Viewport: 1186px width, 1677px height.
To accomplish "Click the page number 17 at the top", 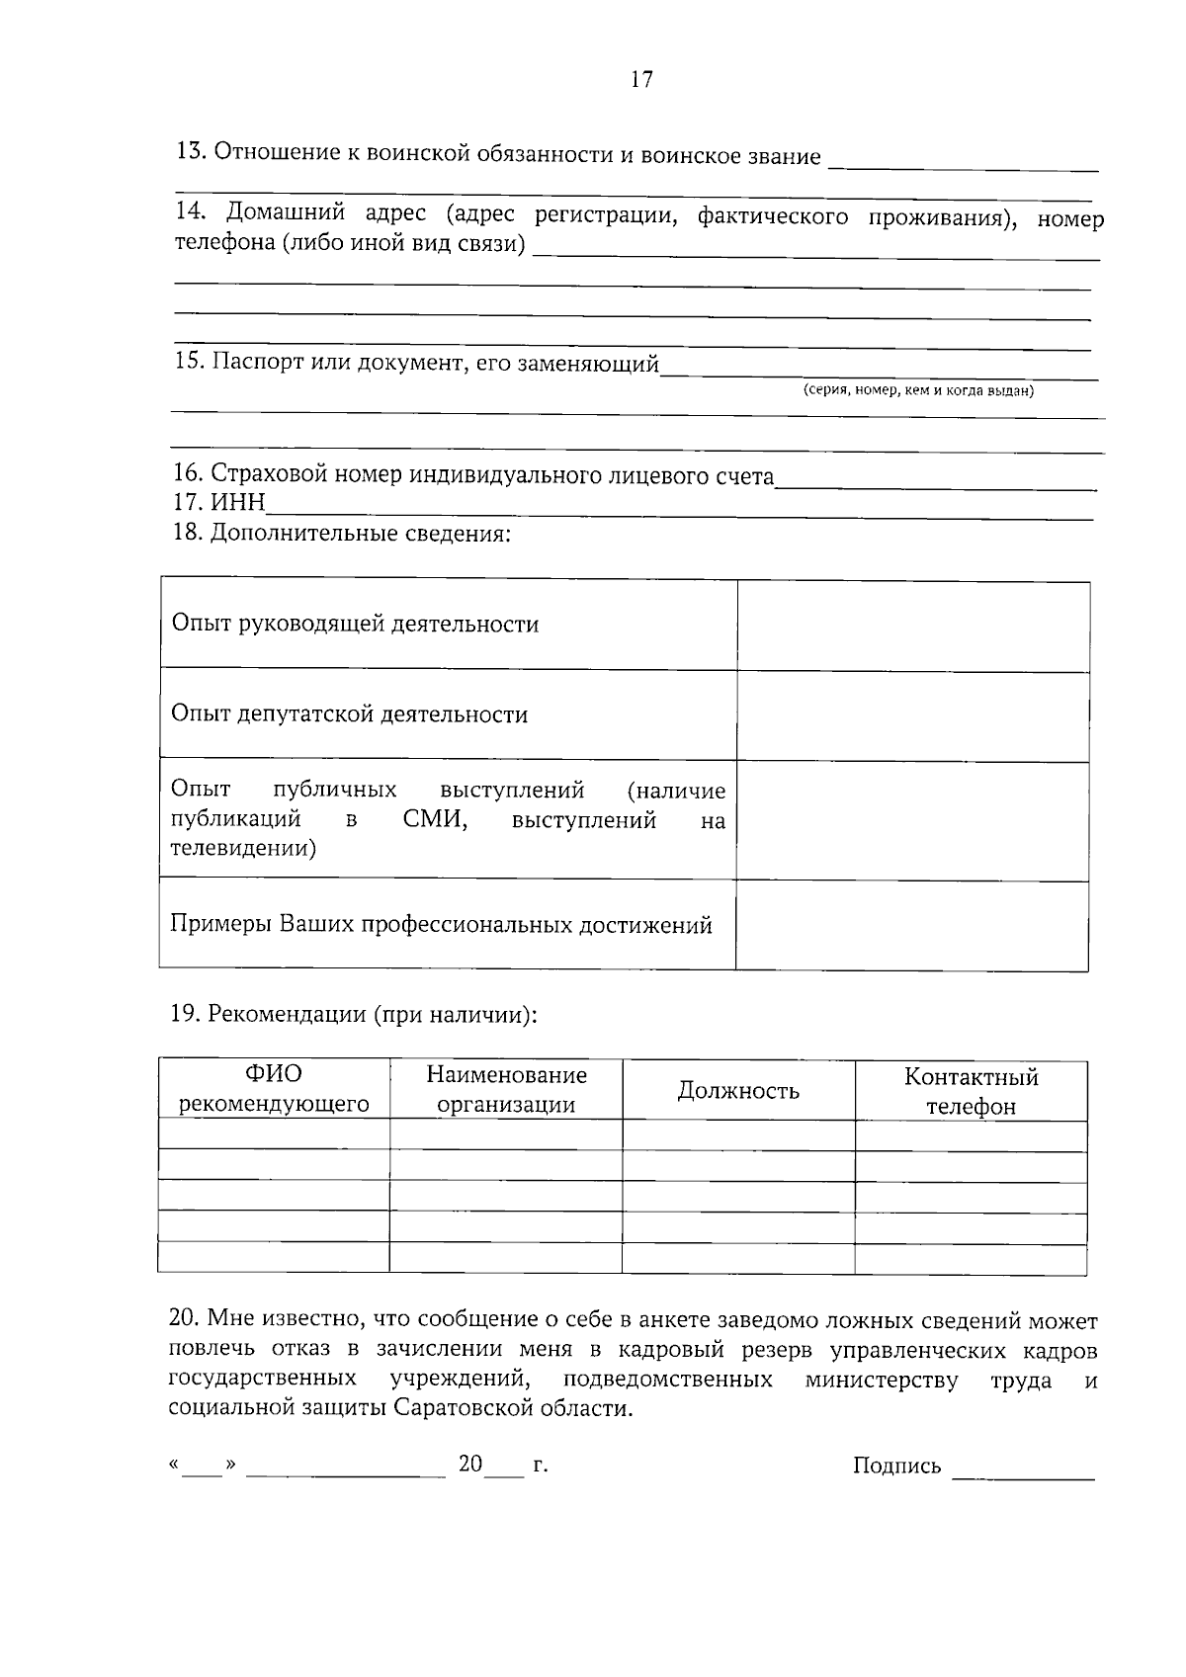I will click(x=641, y=80).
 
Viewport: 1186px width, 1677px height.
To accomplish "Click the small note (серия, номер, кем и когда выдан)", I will click(x=918, y=390).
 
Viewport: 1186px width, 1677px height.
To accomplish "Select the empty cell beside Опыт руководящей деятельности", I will click(x=912, y=626).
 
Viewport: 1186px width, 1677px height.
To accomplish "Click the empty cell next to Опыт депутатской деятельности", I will click(x=912, y=715).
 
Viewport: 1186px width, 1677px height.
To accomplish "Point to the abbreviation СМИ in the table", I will click(x=435, y=820).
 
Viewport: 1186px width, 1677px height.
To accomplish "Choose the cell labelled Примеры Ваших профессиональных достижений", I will click(x=441, y=925).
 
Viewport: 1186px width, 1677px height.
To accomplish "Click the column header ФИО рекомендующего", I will click(x=274, y=1089).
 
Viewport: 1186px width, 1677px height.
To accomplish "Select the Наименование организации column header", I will click(x=506, y=1089).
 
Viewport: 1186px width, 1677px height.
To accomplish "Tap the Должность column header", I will click(x=738, y=1091).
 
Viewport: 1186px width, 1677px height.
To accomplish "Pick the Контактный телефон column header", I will click(x=971, y=1091).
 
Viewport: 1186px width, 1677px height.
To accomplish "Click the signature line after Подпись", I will click(x=1023, y=1474).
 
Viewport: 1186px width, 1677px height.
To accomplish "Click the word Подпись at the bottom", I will click(x=896, y=1466).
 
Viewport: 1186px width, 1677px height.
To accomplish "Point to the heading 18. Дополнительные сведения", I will click(x=342, y=535).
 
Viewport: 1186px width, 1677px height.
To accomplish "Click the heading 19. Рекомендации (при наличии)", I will click(x=354, y=1015).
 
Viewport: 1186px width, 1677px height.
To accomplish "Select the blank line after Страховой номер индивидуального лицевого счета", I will click(x=936, y=485).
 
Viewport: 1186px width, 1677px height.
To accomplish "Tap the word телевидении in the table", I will click(x=243, y=848).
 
